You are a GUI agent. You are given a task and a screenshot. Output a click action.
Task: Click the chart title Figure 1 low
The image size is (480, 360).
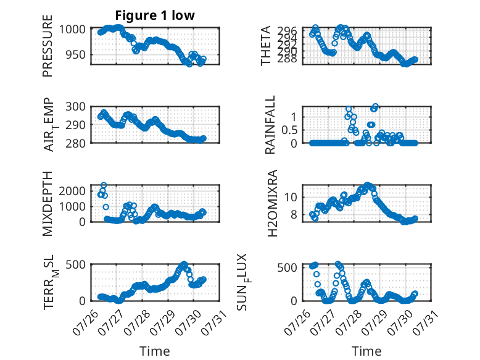pos(155,15)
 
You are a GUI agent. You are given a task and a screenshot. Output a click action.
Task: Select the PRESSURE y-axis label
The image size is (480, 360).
pos(48,46)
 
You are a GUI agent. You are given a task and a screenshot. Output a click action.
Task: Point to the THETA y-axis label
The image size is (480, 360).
pos(266,46)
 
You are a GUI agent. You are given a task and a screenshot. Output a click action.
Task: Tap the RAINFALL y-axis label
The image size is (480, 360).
pos(270,125)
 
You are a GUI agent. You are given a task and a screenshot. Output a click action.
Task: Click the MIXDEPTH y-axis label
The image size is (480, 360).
pos(48,203)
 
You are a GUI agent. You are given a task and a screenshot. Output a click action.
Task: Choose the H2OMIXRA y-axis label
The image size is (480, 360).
pos(272,203)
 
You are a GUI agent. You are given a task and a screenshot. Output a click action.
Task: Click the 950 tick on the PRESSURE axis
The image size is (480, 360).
pos(76,55)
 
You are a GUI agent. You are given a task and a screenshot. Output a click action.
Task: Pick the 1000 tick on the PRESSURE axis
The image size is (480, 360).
pos(72,30)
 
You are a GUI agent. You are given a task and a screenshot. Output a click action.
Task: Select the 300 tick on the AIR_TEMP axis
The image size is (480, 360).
pos(76,107)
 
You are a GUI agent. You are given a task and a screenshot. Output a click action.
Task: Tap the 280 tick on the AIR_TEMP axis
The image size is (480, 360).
pos(76,143)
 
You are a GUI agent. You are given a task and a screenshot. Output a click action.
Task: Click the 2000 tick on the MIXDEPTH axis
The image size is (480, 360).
pos(72,191)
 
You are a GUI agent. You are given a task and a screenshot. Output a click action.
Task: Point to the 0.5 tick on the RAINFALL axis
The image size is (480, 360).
pos(289,130)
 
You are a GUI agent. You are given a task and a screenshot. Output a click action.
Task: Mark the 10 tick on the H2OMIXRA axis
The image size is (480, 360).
pos(291,197)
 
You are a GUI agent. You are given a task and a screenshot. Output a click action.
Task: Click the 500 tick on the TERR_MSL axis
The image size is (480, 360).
pos(76,264)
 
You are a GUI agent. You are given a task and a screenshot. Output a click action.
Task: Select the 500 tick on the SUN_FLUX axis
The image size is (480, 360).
pos(287,267)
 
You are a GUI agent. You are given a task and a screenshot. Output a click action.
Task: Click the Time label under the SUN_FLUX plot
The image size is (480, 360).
pos(366,351)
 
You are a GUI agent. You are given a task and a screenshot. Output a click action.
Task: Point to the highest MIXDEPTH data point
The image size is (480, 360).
pos(104,185)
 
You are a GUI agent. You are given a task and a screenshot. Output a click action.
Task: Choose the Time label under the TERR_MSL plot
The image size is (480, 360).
pos(155,351)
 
